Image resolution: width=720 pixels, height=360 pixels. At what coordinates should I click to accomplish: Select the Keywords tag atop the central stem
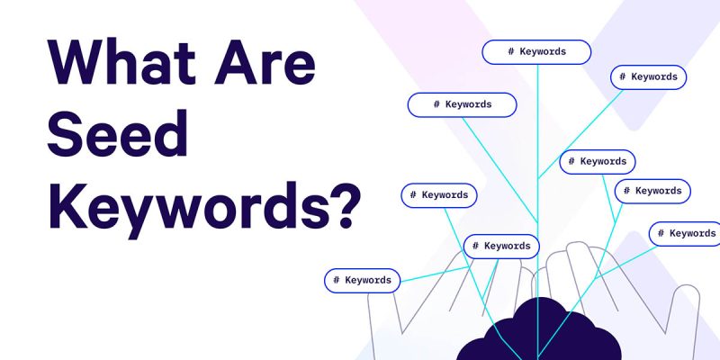click(x=537, y=51)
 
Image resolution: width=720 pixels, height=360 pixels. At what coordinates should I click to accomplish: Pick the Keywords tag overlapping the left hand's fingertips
click(x=501, y=246)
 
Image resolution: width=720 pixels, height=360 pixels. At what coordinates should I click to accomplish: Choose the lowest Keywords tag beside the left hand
click(x=362, y=280)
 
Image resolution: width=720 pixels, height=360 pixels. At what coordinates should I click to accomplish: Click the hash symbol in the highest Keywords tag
click(x=509, y=51)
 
